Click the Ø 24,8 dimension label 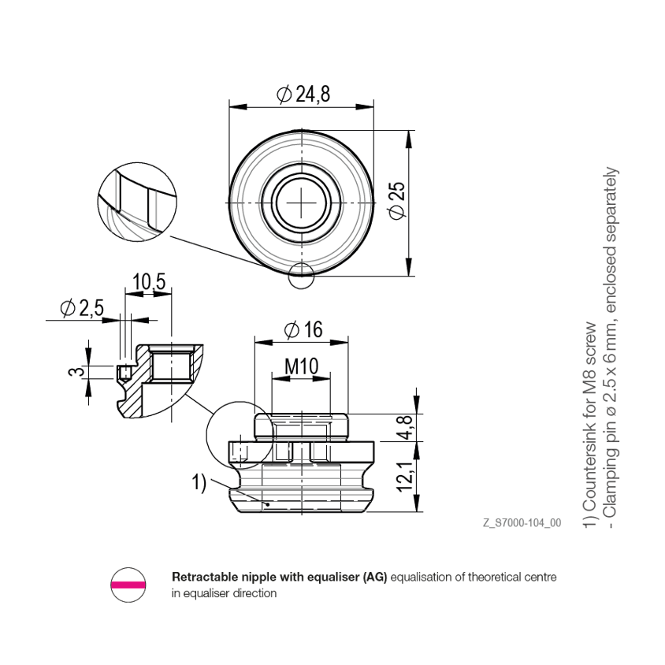303,94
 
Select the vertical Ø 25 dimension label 397,201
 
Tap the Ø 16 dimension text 303,329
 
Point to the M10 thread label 301,366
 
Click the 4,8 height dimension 405,428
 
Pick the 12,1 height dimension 405,477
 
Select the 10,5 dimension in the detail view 149,281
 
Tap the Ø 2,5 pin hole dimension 82,308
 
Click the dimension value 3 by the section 76,373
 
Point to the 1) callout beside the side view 199,483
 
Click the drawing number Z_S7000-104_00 522,522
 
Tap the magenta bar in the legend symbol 128,585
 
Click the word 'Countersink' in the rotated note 590,466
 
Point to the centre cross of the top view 302,202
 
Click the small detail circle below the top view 301,276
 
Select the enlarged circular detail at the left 137,202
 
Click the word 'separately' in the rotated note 611,208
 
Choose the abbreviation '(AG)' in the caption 374,578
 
